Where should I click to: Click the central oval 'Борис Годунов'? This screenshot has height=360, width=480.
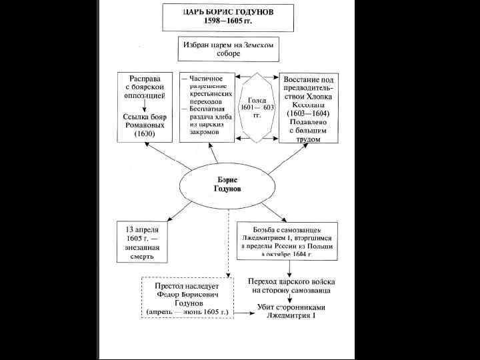coord(228,185)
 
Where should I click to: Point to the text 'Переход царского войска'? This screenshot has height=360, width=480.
coord(289,281)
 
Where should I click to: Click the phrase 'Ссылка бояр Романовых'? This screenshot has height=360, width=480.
coord(145,121)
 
